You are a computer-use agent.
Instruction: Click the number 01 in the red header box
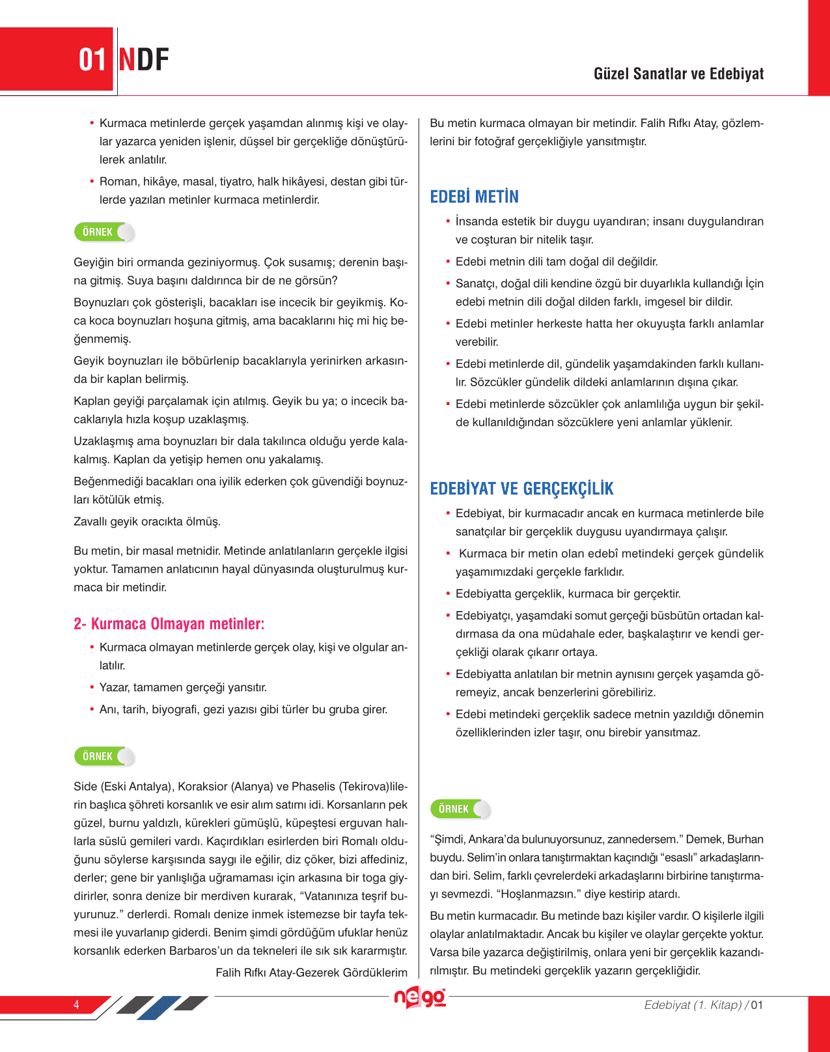pos(92,60)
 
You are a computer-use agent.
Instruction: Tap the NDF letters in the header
pos(144,60)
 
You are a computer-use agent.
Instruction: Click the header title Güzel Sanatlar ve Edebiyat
pos(678,74)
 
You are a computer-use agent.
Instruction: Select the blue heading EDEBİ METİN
pos(475,197)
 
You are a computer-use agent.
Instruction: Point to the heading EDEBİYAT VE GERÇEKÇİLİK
pos(521,489)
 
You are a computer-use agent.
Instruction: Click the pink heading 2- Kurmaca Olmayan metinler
pos(169,624)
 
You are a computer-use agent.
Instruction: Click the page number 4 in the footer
pos(76,1004)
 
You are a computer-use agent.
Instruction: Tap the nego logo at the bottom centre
pos(421,998)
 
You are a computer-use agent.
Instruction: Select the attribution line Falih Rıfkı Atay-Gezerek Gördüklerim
pos(311,973)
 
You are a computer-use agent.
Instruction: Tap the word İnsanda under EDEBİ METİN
pos(477,221)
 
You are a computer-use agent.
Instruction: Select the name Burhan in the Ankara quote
pos(745,839)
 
